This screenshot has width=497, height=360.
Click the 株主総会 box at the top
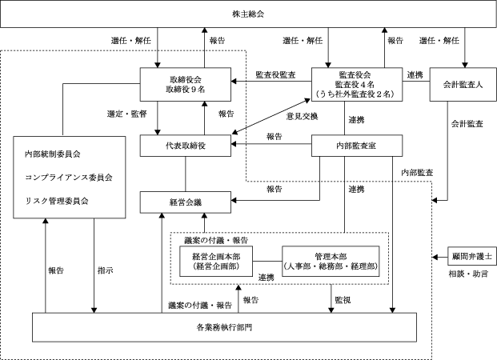coord(248,15)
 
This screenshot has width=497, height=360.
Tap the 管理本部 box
coord(328,258)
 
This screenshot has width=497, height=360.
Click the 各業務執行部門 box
coord(223,328)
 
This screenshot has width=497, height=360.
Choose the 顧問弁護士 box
coord(466,258)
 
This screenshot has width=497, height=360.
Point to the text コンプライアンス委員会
coord(69,176)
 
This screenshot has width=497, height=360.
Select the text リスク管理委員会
coord(56,199)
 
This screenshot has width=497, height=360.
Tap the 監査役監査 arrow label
coord(275,74)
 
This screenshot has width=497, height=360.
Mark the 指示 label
coord(105,270)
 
